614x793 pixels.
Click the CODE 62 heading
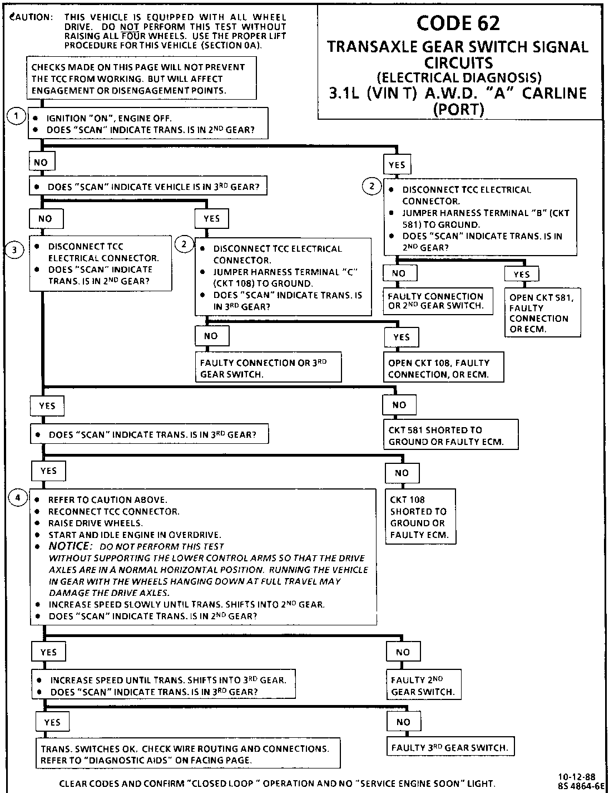458,23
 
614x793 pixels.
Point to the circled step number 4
18,498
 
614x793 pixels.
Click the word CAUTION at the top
32,17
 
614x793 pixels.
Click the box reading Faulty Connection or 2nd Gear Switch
438,301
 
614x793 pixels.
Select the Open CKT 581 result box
542,312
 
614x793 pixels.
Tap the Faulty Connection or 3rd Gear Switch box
268,368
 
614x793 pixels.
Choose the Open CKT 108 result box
443,368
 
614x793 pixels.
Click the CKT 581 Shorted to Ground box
450,435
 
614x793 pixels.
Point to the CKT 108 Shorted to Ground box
420,517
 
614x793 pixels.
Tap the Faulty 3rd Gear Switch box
450,747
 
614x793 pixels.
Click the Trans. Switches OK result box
188,754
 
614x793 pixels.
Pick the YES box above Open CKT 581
521,274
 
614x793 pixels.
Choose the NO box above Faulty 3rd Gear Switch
403,722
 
